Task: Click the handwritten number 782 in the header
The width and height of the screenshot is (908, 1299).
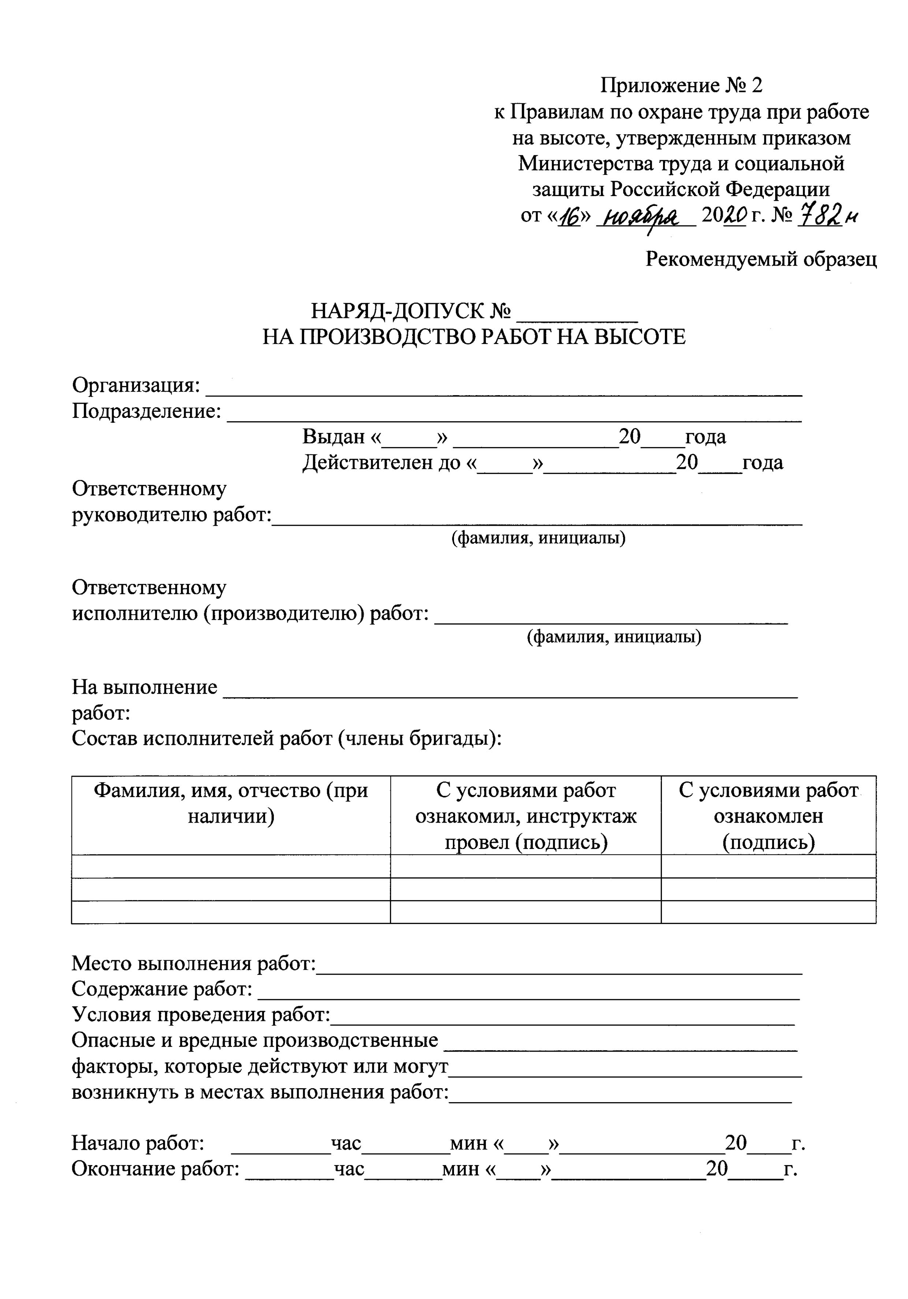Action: [x=819, y=216]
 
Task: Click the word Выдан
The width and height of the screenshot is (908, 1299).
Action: [x=334, y=437]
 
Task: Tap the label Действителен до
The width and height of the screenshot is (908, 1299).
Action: [x=382, y=463]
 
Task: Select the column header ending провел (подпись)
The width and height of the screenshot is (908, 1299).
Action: [x=525, y=816]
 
